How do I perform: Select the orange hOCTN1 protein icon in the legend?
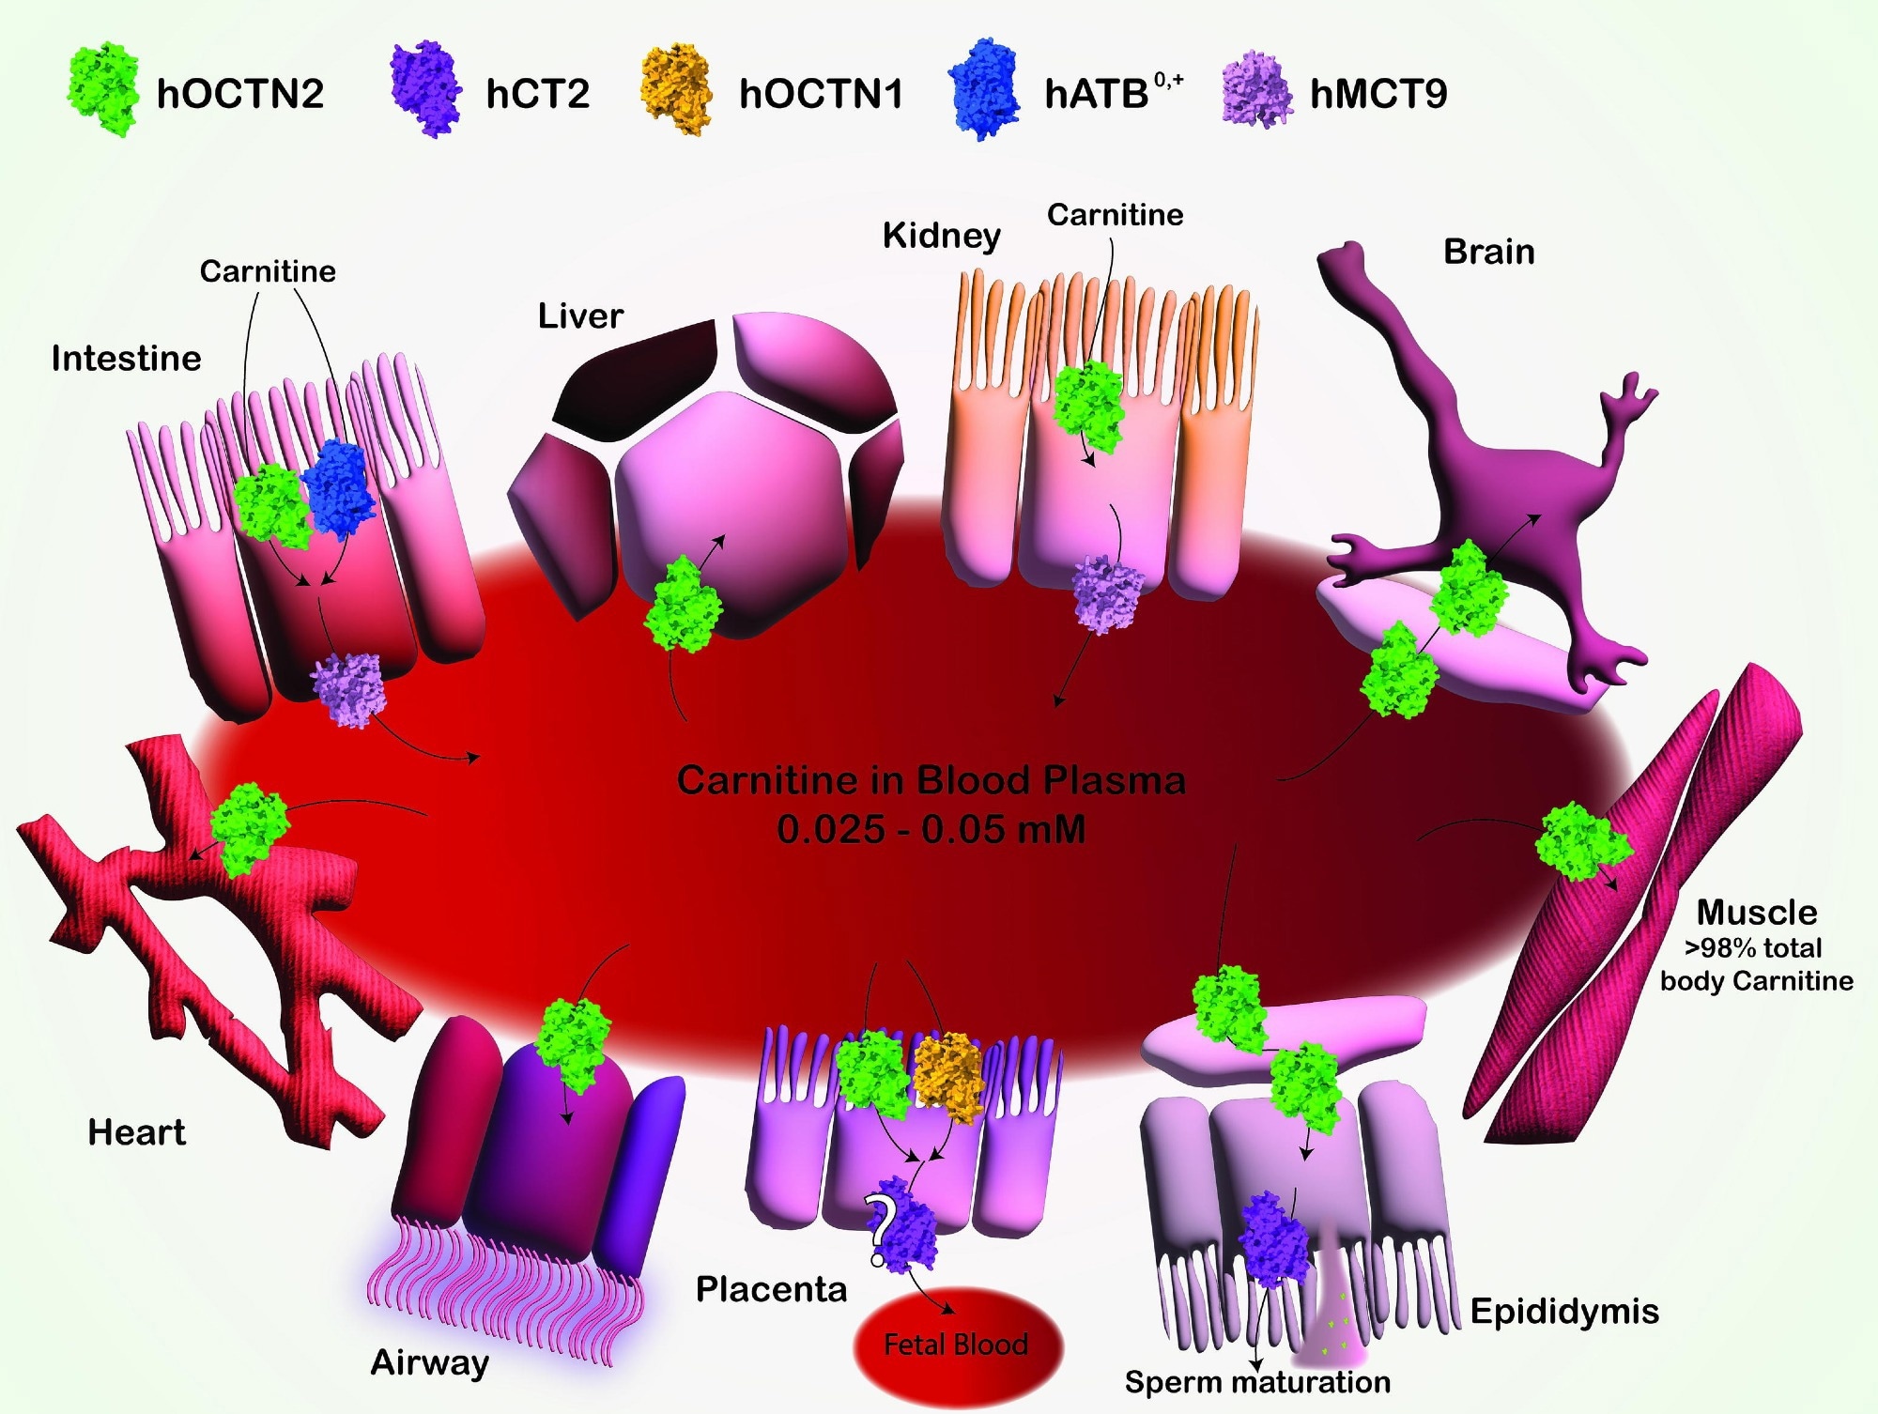coord(674,90)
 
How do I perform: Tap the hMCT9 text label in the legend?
coord(1378,94)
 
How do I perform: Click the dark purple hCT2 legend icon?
coord(425,89)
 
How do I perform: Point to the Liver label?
coord(580,316)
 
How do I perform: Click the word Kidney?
coord(941,236)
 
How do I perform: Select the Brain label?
coord(1488,252)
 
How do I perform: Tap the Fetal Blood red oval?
coord(956,1345)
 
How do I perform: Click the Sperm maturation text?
coord(1257,1382)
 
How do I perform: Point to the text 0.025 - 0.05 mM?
coord(931,829)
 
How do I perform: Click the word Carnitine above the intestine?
coord(268,271)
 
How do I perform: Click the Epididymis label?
coord(1563,1312)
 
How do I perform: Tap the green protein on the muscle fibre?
coord(1582,840)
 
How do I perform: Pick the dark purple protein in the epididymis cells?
coord(1274,1239)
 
